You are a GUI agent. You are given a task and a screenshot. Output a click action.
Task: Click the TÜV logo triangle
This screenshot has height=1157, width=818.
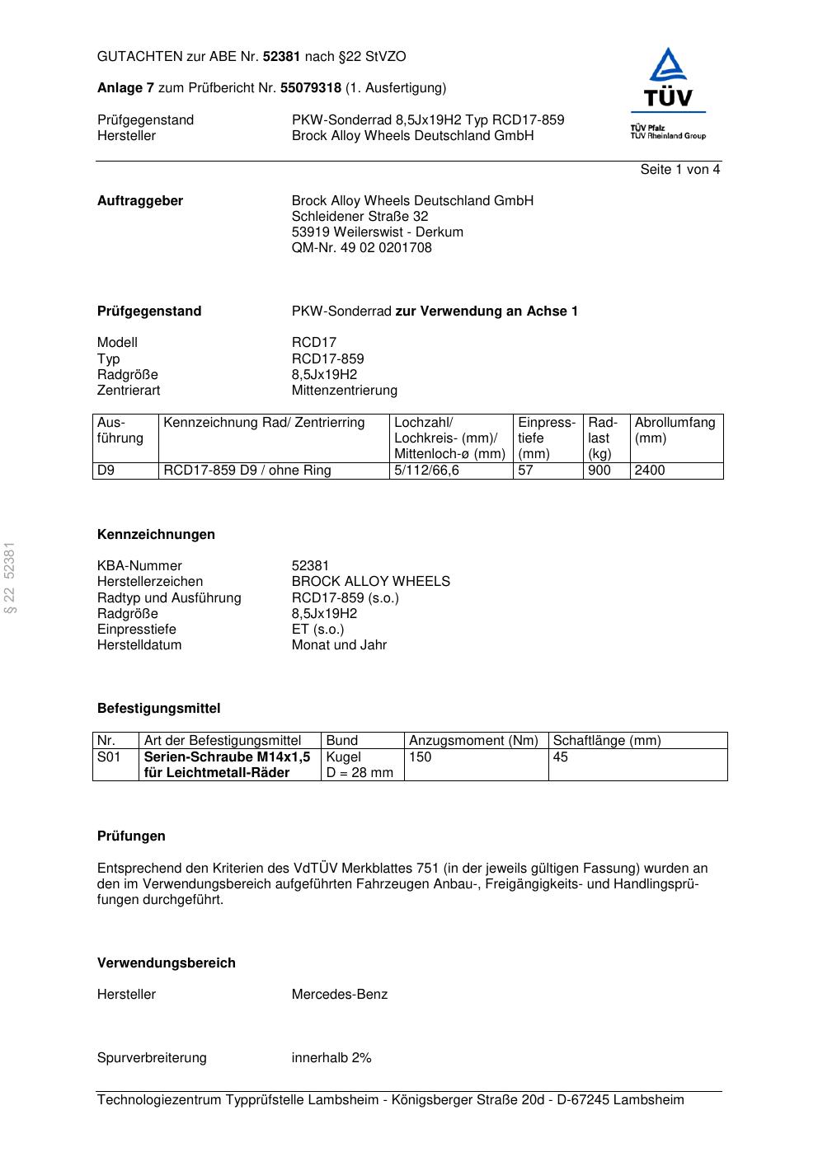pos(668,67)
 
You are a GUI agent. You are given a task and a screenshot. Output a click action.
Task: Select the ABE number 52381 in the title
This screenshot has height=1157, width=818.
pos(281,57)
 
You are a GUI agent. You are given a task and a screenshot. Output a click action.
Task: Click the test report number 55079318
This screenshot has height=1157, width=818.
pos(311,88)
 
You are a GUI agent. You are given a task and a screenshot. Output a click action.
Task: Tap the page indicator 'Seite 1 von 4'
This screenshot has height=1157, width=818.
pos(679,170)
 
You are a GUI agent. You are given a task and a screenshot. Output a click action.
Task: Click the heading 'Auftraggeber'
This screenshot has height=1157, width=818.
pos(140,201)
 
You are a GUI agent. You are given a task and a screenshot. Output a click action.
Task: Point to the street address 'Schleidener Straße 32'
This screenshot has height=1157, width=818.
pos(360,217)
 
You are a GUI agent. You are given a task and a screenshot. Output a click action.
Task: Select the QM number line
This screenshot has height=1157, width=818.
pos(361,248)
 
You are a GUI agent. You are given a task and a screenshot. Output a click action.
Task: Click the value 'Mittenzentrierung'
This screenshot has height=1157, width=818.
pos(344,391)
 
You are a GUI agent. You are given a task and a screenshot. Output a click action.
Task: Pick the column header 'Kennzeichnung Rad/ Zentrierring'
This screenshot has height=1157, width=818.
pos(264,423)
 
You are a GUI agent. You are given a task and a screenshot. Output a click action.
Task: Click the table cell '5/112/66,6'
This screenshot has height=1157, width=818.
pos(426,471)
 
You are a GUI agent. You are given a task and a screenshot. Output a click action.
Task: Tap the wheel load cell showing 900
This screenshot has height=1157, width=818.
pos(599,471)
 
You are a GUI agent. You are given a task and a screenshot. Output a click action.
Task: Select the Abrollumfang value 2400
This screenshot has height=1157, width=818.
pos(650,471)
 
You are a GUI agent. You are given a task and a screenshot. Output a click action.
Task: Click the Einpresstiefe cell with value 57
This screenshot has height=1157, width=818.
pos(526,471)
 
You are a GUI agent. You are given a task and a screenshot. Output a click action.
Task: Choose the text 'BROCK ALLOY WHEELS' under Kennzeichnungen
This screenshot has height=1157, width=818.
pos(370,582)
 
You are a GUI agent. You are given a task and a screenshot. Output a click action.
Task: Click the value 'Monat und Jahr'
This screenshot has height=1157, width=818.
pos(339,645)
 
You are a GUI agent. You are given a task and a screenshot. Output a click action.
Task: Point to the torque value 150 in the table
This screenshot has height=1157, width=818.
pos(421,757)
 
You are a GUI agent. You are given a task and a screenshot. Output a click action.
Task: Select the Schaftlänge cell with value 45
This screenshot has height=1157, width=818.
pos(561,757)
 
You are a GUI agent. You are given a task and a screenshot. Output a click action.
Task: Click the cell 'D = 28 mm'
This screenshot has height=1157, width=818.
pos(360,773)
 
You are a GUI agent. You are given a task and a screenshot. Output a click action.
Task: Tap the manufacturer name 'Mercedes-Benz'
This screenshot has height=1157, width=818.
pos(339,995)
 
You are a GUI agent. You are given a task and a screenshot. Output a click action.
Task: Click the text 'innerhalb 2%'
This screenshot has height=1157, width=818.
pos(331,1058)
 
